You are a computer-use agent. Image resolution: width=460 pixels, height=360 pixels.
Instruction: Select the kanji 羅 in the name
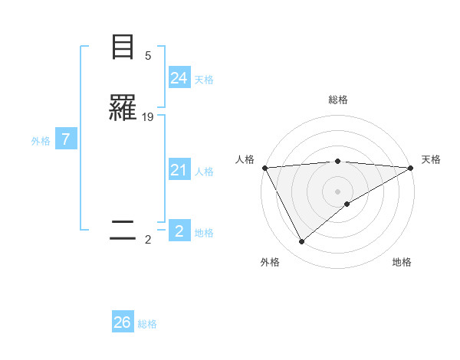click(123, 109)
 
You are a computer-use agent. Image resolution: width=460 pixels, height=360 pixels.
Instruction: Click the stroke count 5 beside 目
click(148, 56)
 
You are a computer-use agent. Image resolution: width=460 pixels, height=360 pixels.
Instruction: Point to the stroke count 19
click(148, 117)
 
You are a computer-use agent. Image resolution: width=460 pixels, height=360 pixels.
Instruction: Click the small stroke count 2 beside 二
click(148, 240)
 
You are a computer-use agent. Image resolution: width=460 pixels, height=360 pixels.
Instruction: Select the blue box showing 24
click(179, 78)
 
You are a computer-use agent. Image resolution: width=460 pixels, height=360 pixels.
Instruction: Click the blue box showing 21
click(179, 170)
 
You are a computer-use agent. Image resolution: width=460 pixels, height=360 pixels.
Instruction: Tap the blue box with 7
click(66, 139)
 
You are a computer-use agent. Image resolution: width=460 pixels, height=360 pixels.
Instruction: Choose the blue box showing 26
click(123, 322)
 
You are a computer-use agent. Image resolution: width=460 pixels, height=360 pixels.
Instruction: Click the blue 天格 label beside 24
click(204, 80)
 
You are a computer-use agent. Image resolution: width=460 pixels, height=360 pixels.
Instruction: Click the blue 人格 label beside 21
click(204, 172)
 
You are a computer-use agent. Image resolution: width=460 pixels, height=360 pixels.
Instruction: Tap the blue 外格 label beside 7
click(40, 141)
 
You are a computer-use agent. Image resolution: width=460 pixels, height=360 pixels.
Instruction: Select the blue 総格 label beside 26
click(147, 324)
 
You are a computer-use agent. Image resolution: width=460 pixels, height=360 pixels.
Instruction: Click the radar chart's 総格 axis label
click(337, 100)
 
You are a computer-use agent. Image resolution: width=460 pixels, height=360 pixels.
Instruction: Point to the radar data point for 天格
click(410, 168)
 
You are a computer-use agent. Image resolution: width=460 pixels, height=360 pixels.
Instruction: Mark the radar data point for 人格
click(264, 168)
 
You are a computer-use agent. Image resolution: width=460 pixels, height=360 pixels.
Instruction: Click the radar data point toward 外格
click(301, 242)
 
